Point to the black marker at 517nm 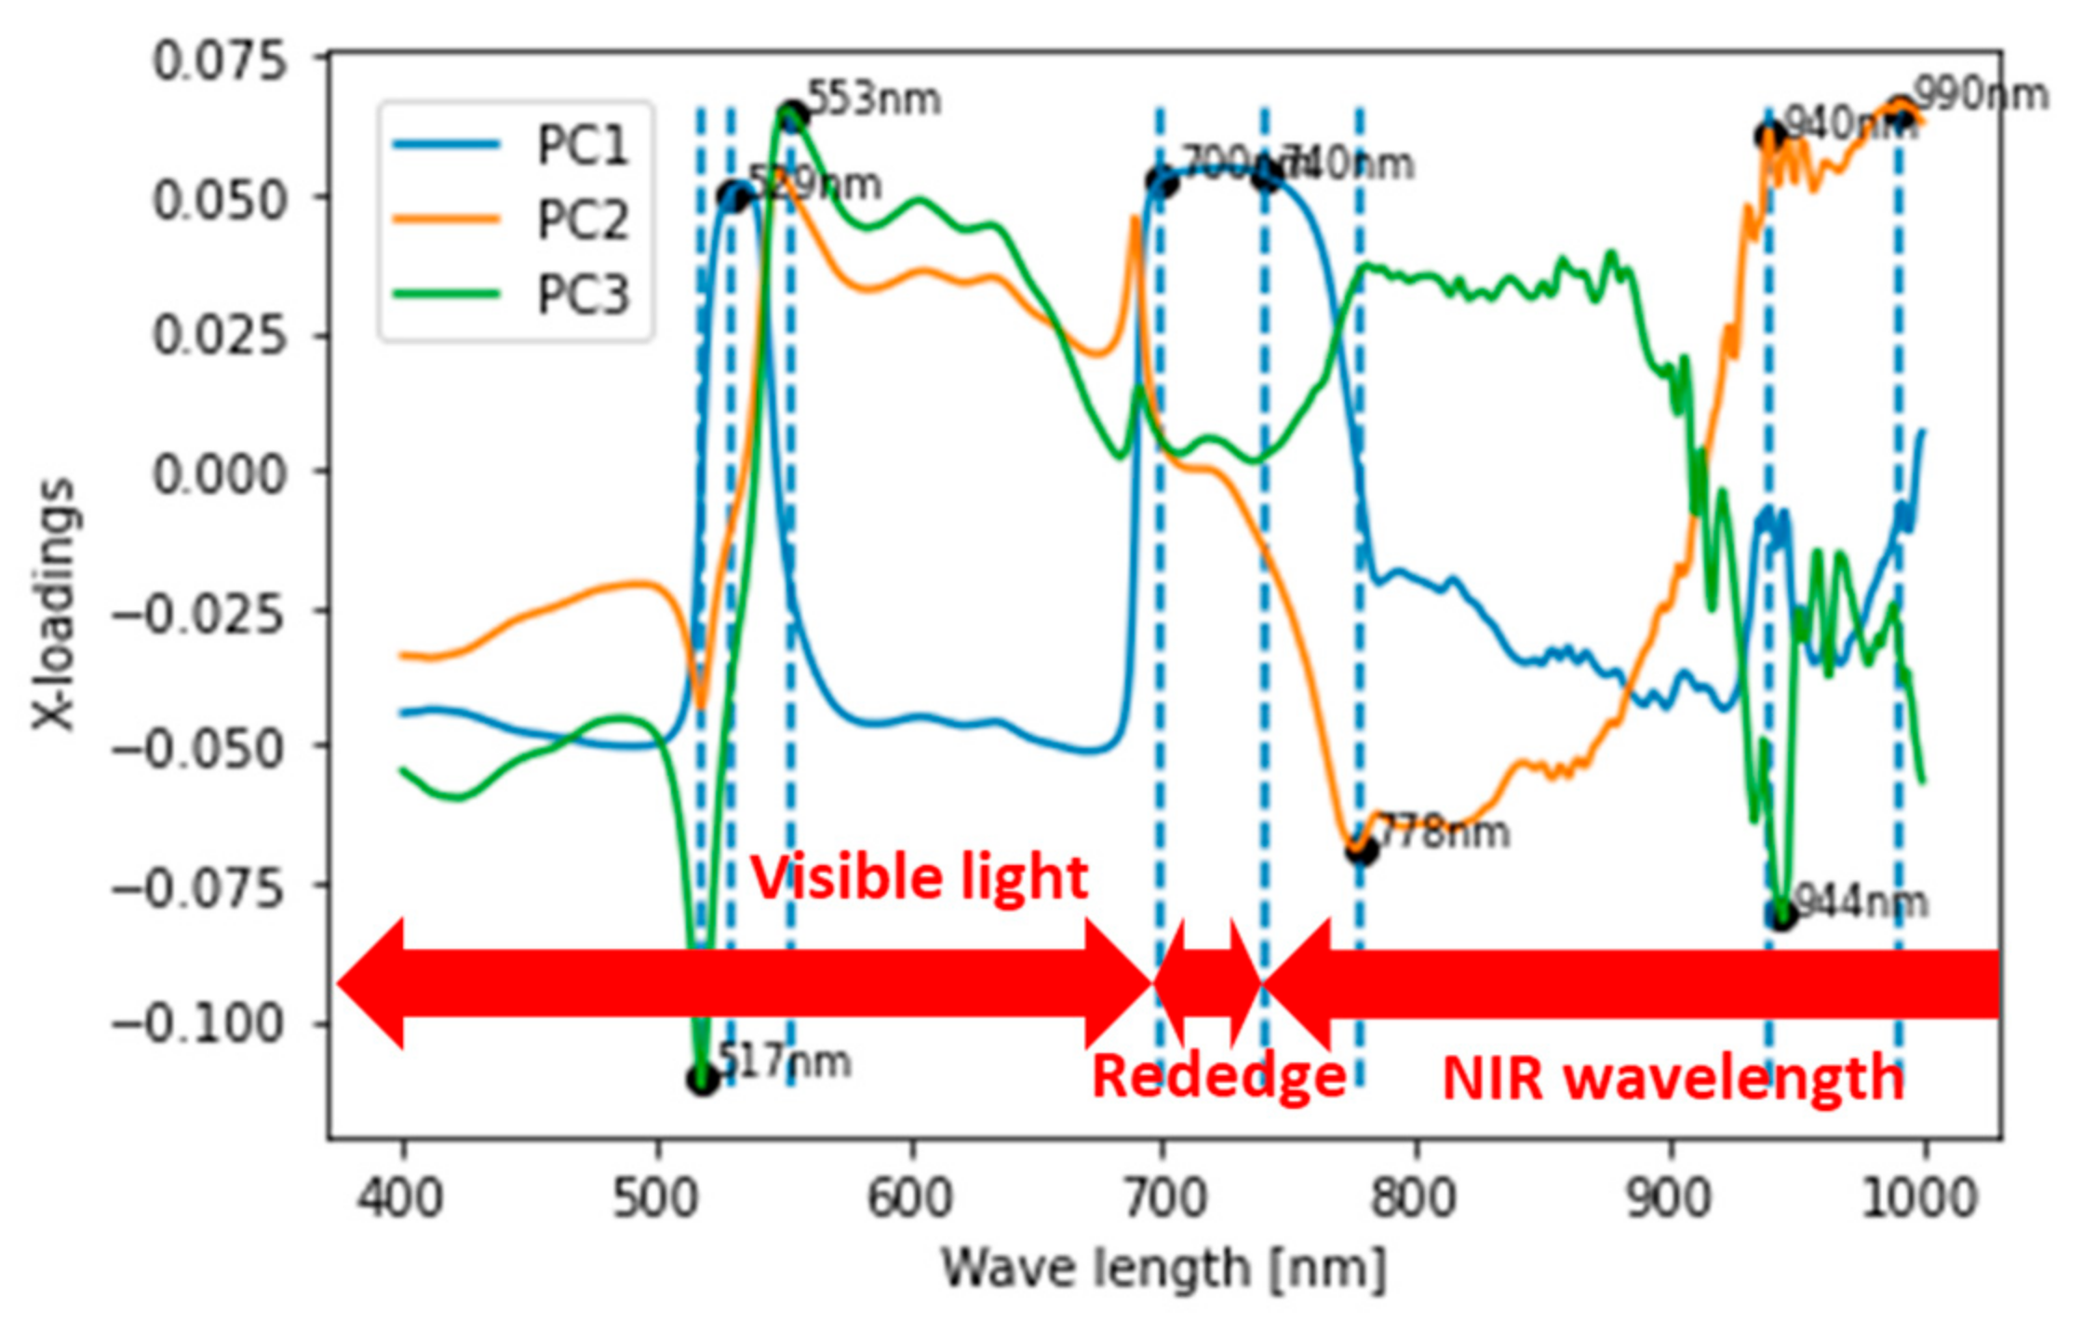703,1079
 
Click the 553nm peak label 873,98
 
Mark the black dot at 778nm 1361,849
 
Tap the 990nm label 1982,94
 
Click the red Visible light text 919,877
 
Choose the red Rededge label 1218,1076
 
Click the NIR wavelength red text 1673,1078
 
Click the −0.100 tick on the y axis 197,1023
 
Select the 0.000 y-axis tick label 220,473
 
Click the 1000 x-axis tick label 1919,1198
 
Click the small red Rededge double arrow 1208,983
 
